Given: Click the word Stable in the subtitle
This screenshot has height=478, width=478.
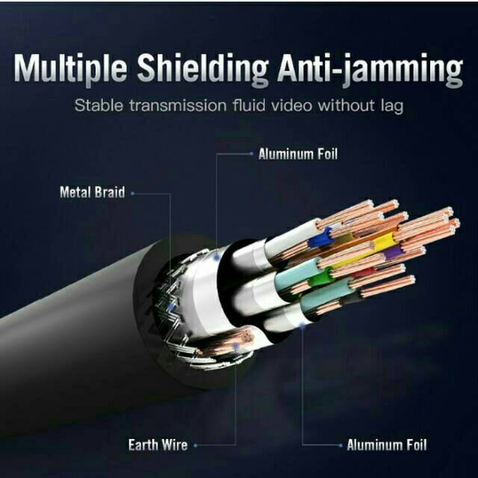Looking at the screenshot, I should [99, 105].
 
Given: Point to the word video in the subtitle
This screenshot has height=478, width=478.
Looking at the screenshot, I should [290, 105].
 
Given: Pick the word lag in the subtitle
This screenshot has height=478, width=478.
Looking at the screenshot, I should [389, 105].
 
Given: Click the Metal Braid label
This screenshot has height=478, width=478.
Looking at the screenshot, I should [93, 193].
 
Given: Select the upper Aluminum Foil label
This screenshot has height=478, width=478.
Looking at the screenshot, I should [298, 155].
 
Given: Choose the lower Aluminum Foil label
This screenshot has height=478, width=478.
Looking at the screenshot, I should [385, 446].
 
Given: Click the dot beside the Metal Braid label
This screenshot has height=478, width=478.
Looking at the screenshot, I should [133, 193].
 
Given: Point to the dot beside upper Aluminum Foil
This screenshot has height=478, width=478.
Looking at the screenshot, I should [250, 155].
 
